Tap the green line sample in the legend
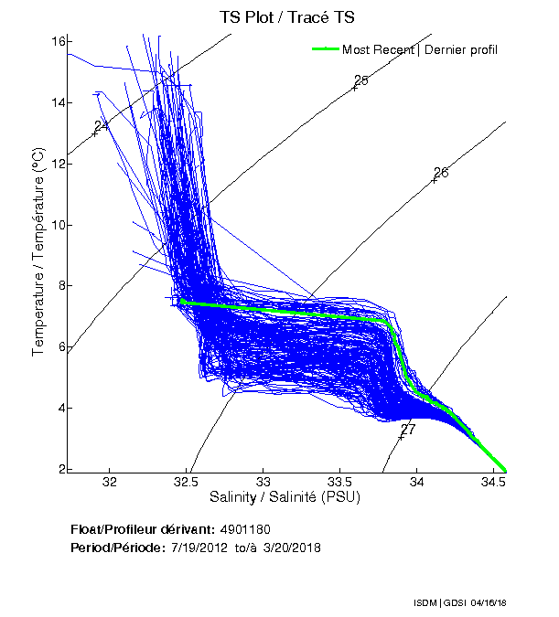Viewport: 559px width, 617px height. pyautogui.click(x=325, y=49)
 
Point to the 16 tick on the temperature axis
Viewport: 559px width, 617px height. pyautogui.click(x=57, y=41)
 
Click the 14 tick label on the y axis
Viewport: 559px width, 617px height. pyautogui.click(x=57, y=102)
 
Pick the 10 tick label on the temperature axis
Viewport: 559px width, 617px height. pyautogui.click(x=57, y=225)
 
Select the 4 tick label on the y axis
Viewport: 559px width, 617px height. pyautogui.click(x=59, y=408)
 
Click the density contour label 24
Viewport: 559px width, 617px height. pyautogui.click(x=102, y=125)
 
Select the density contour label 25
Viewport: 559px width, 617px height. pyautogui.click(x=360, y=80)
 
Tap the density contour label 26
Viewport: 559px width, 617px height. pyautogui.click(x=441, y=173)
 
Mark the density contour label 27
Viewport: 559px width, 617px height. pyautogui.click(x=408, y=429)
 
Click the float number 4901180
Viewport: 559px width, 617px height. pyautogui.click(x=245, y=530)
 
